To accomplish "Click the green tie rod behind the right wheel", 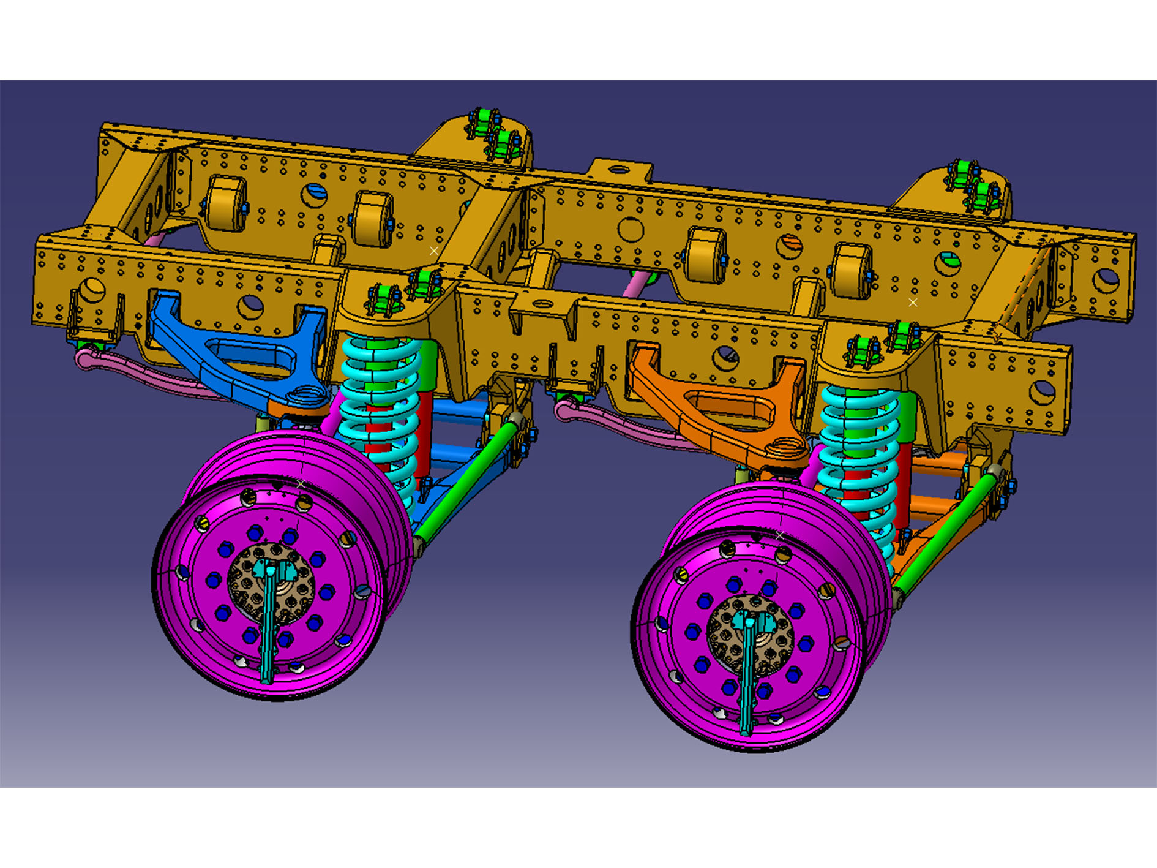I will pyautogui.click(x=943, y=533).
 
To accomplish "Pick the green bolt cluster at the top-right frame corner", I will pyautogui.click(x=973, y=184).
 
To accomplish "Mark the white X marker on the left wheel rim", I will pyautogui.click(x=301, y=484).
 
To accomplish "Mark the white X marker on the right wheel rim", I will pyautogui.click(x=779, y=535).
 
